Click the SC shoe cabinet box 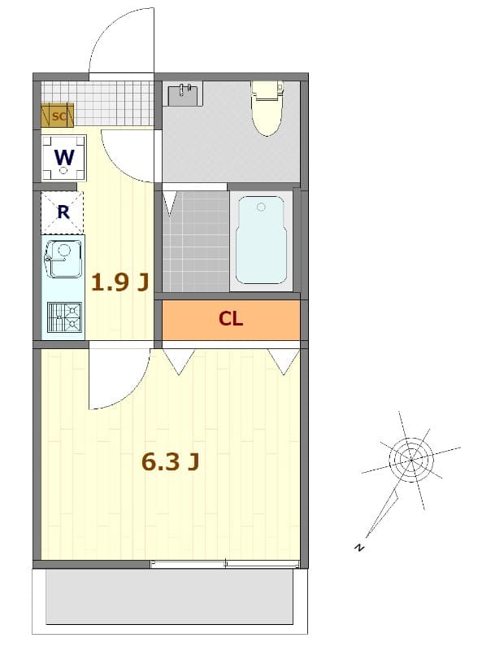tap(58, 116)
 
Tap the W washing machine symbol tap(64, 158)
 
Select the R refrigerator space tap(63, 213)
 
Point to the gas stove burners tap(65, 317)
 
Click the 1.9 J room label tap(119, 282)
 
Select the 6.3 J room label tap(171, 462)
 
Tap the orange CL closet tap(231, 319)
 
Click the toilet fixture tap(265, 107)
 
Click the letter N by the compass tap(358, 547)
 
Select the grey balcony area tap(169, 596)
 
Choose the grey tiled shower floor tap(196, 240)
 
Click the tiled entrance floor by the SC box tap(106, 103)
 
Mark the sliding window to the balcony tap(225, 564)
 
